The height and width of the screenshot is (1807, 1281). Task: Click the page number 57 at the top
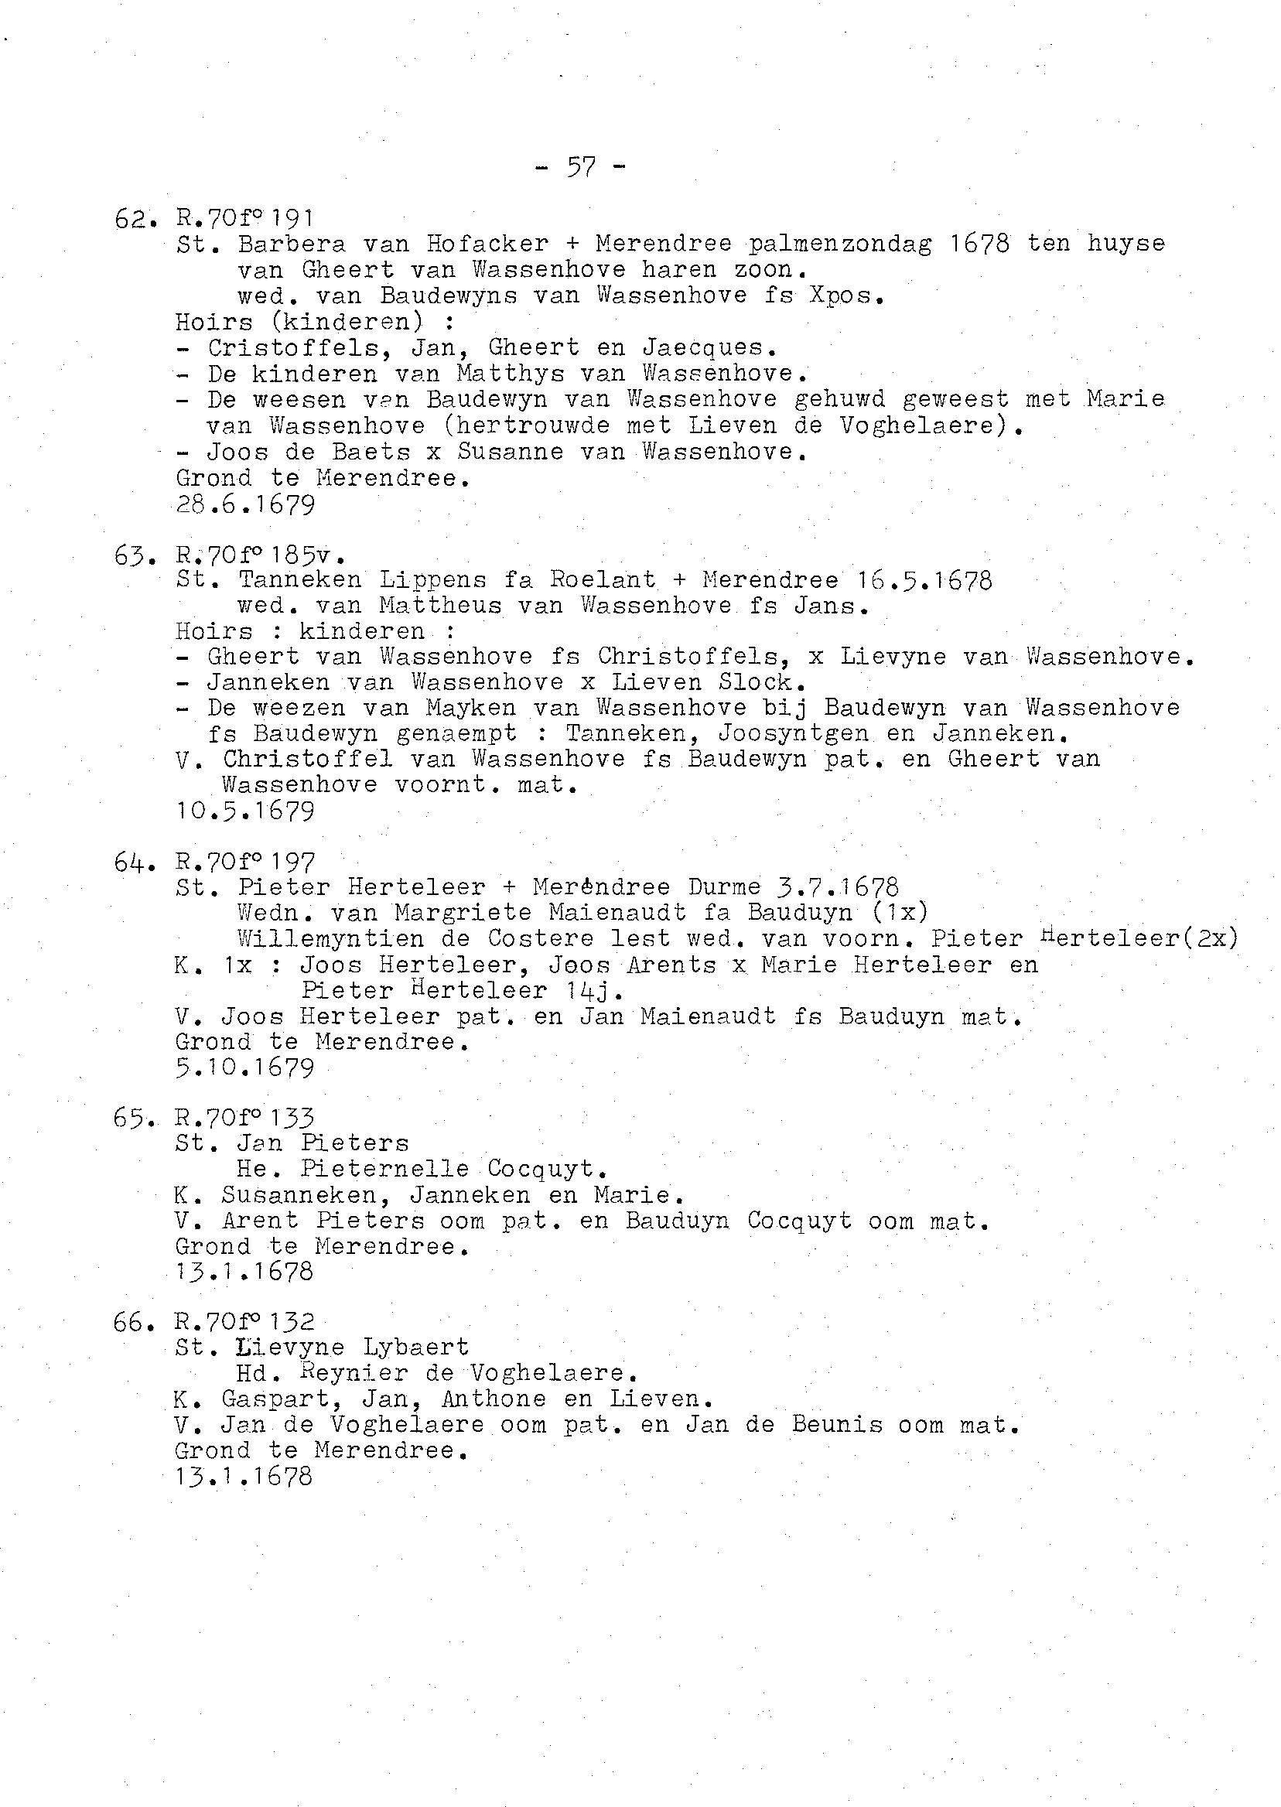(x=581, y=167)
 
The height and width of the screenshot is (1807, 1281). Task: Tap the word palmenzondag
(x=839, y=244)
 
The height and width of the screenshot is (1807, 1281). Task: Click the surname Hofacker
(x=486, y=244)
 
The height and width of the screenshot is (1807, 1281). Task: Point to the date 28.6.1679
(x=244, y=505)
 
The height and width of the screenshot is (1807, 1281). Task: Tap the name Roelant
(x=603, y=580)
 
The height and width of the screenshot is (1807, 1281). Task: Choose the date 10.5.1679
(x=244, y=811)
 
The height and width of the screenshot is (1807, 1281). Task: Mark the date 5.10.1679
(x=244, y=1068)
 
